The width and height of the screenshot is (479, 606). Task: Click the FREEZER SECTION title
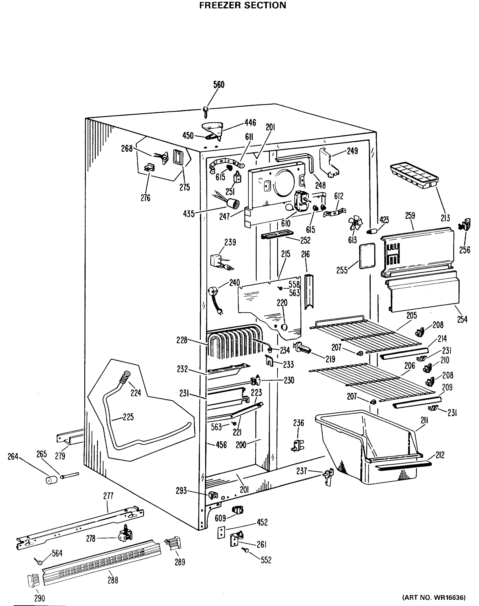[x=243, y=5]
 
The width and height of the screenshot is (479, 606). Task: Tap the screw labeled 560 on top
[x=206, y=111]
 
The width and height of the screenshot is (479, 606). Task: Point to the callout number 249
[x=352, y=151]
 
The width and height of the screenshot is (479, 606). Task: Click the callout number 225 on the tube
[x=128, y=417]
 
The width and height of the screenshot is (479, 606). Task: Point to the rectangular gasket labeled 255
[x=367, y=256]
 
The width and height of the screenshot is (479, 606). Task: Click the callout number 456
[x=221, y=445]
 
